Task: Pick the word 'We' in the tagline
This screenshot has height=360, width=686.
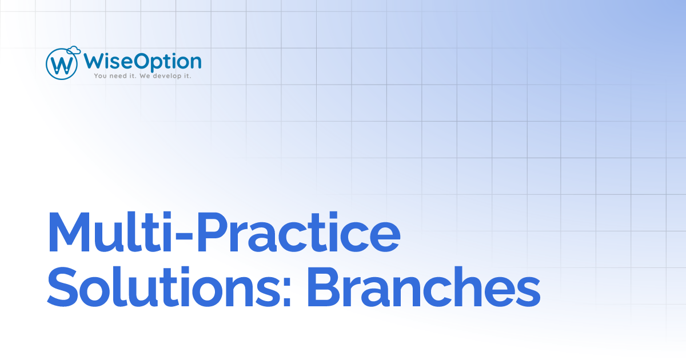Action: pyautogui.click(x=145, y=75)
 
